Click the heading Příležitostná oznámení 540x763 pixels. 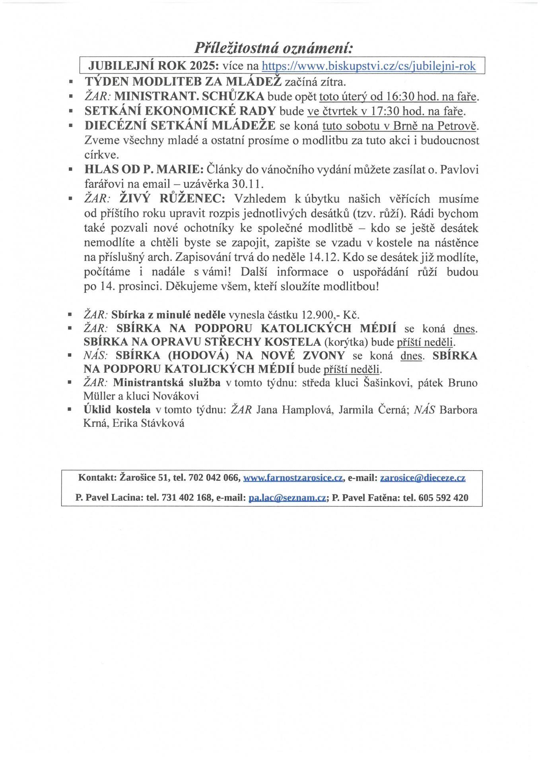[x=274, y=48]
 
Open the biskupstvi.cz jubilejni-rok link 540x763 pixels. [x=369, y=66]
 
